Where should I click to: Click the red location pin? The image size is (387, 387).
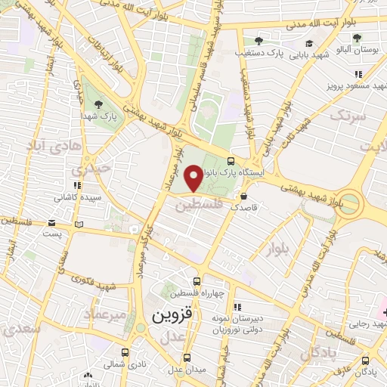193,178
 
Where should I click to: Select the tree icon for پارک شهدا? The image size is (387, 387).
97,104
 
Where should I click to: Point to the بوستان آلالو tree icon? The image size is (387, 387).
357,37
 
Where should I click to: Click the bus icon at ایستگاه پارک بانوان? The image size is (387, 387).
231,160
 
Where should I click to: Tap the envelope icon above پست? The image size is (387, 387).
51,223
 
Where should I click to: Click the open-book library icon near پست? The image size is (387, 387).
80,224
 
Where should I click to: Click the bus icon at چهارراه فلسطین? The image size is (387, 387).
197,280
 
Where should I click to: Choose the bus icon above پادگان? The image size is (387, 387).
365,361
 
